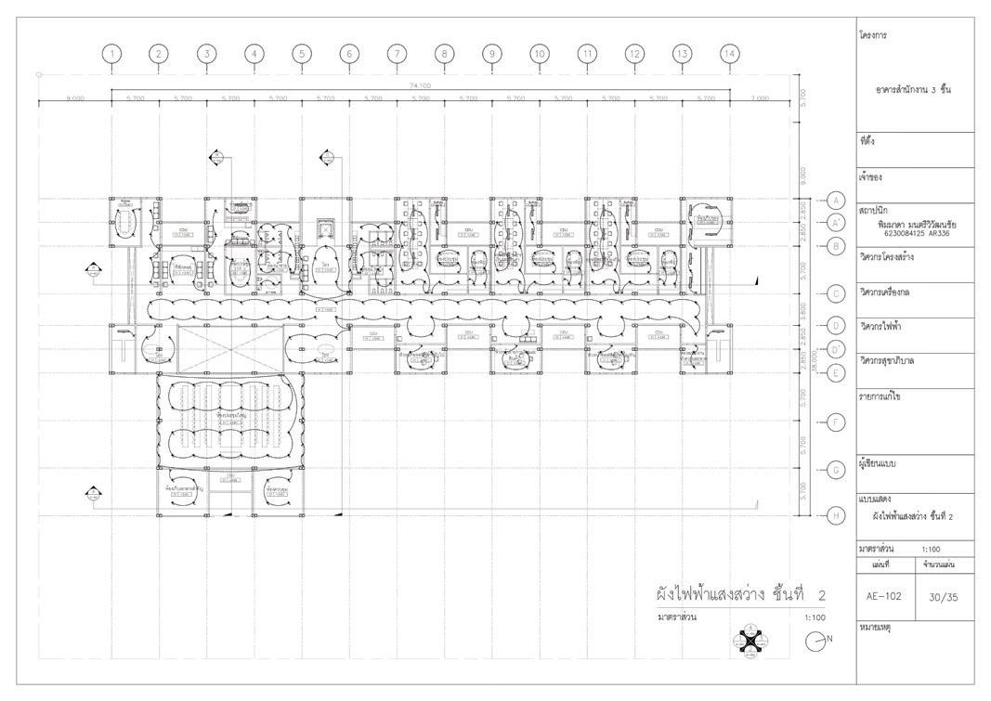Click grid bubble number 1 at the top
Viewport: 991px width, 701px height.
pos(111,54)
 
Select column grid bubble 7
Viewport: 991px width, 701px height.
pos(397,54)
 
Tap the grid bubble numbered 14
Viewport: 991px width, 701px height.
pos(730,54)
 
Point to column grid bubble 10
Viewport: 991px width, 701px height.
pos(540,54)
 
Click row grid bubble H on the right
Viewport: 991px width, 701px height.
pos(834,515)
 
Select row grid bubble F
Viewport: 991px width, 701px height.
pos(834,423)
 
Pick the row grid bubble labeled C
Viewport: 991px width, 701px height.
pos(834,294)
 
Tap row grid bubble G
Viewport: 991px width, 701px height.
pos(834,470)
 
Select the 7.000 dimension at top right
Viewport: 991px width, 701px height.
pos(762,97)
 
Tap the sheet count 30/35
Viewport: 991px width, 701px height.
pos(944,597)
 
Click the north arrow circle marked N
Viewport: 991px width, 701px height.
pos(815,641)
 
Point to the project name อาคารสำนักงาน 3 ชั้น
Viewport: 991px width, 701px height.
pos(914,90)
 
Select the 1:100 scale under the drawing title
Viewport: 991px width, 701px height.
pos(815,617)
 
